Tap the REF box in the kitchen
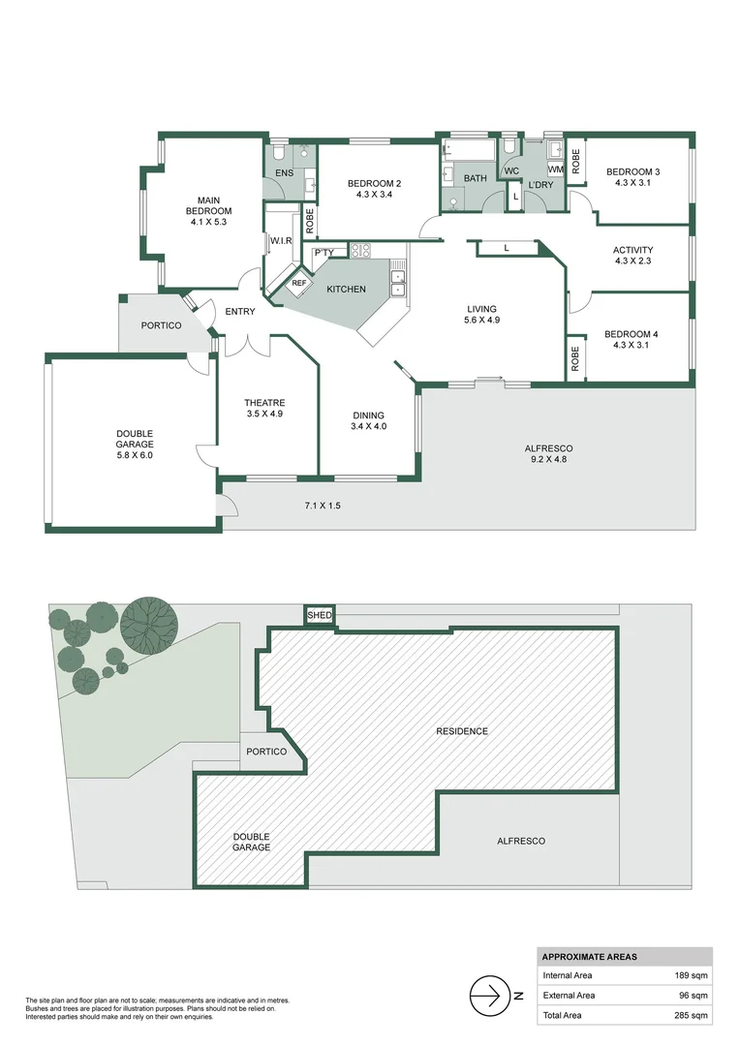coord(298,283)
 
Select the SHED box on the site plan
coord(319,615)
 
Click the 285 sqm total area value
coord(692,1015)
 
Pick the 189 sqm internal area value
coord(692,975)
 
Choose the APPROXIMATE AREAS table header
coord(590,956)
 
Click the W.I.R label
coord(282,240)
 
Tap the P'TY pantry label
coord(324,253)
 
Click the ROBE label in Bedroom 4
coord(575,359)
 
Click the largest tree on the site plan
coord(149,622)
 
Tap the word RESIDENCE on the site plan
coord(461,731)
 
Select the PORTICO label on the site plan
coord(265,752)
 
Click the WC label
coord(510,171)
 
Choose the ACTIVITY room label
coord(632,250)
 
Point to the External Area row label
coord(570,996)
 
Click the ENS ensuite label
coord(284,173)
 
